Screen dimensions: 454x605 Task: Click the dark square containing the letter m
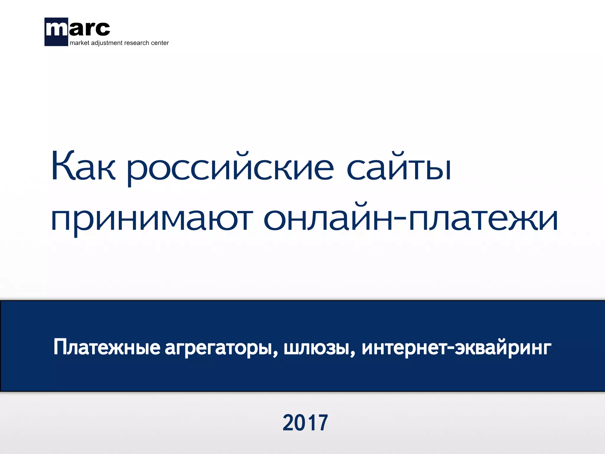(56, 32)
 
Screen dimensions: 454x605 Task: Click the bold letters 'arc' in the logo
(89, 29)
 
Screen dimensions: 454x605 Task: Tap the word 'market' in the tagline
(79, 43)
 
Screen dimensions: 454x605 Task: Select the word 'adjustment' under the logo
(107, 43)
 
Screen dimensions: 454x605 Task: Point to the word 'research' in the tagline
(136, 43)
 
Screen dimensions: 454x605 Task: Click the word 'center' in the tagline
(160, 43)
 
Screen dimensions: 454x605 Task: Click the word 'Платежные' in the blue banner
(107, 347)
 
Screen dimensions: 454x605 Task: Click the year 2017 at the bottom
(305, 423)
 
